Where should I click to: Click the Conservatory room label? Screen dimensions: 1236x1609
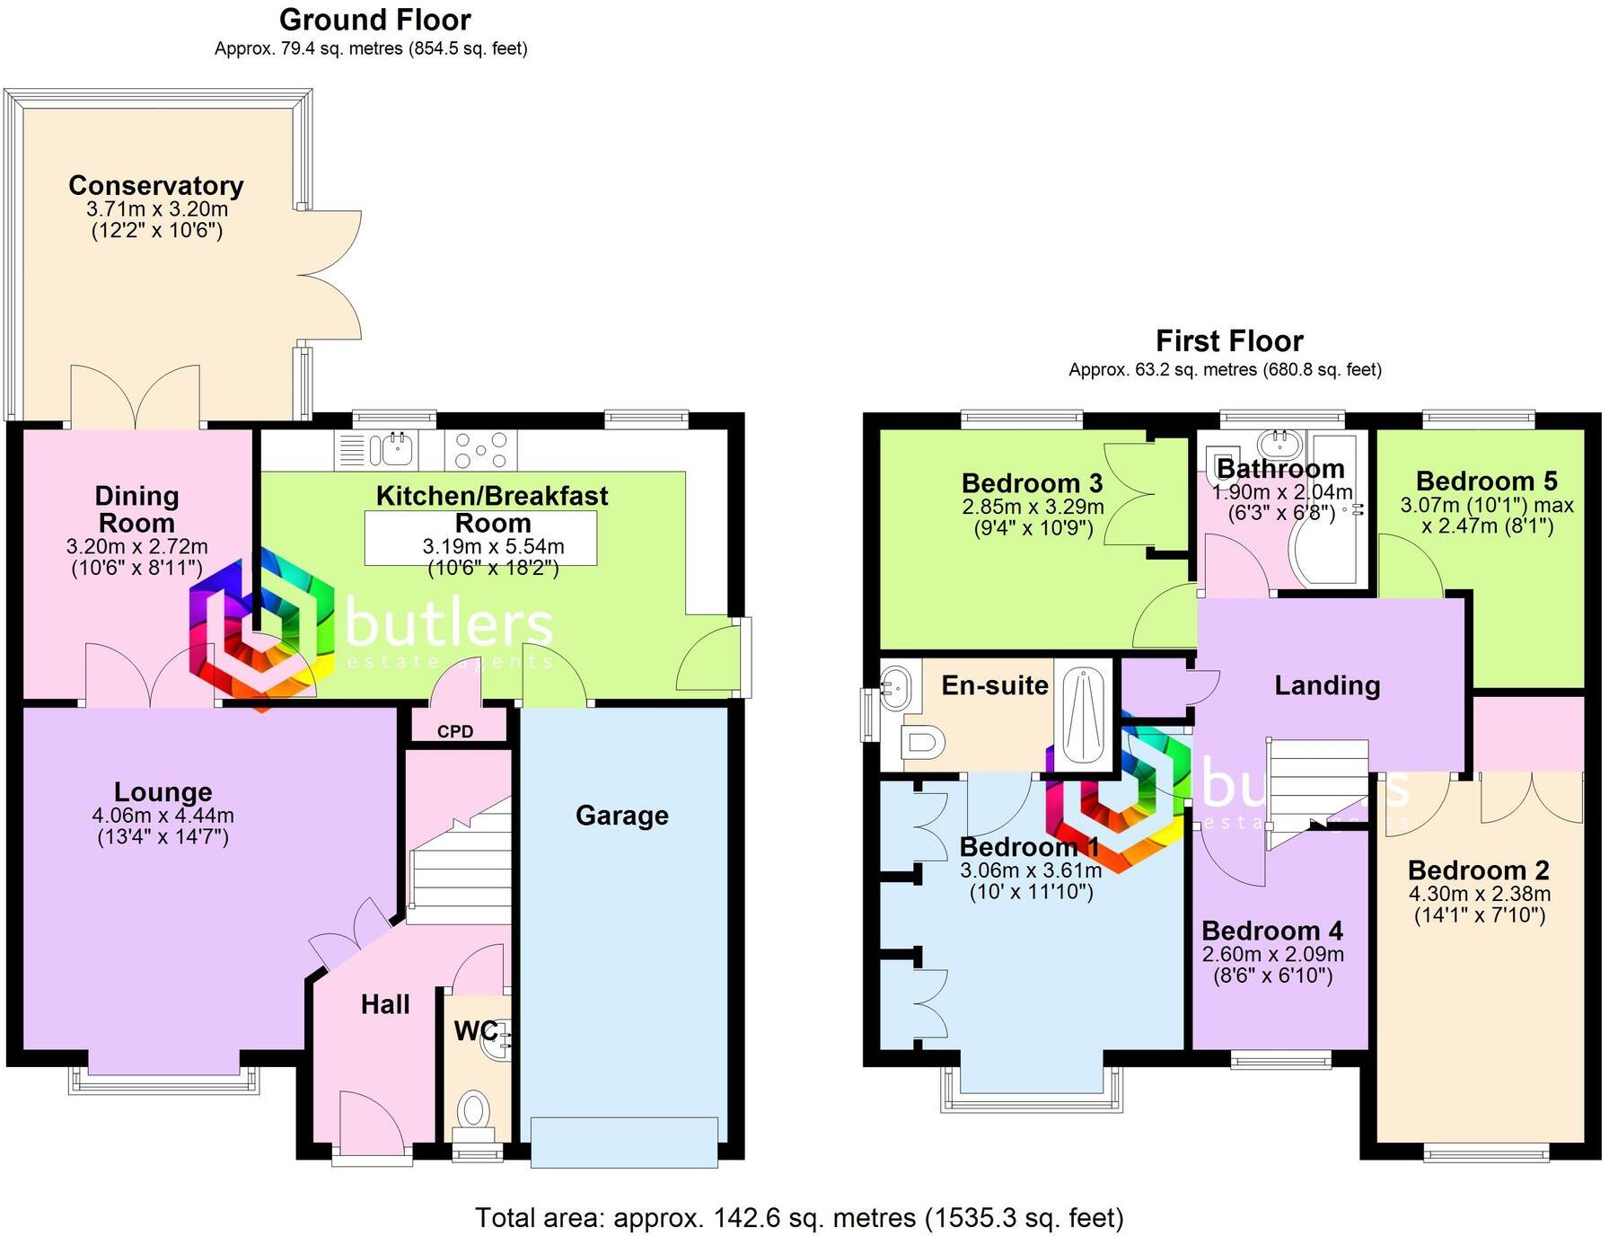click(x=156, y=186)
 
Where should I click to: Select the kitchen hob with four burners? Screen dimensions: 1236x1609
click(x=480, y=450)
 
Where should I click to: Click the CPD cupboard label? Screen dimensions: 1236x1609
click(x=455, y=731)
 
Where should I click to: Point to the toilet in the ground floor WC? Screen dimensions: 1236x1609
click(x=472, y=1110)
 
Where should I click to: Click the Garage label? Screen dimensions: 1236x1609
click(x=622, y=816)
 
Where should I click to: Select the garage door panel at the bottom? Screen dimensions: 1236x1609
click(x=624, y=1142)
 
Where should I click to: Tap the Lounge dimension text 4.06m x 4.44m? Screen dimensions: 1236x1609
click(x=163, y=816)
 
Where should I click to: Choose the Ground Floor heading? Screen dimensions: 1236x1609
click(x=374, y=20)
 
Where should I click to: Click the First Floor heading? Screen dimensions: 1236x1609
click(x=1228, y=341)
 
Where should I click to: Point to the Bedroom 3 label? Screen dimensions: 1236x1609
click(x=1032, y=483)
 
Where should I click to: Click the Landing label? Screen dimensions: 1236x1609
click(x=1327, y=686)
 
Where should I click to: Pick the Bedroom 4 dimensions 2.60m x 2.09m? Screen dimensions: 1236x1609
click(x=1272, y=954)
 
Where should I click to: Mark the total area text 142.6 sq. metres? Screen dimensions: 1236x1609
click(x=798, y=1218)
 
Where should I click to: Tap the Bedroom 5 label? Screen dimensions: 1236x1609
click(x=1486, y=481)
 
